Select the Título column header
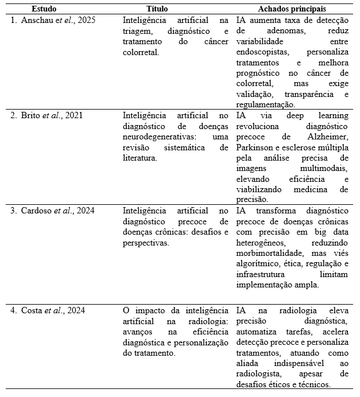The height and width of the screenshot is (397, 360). [158, 9]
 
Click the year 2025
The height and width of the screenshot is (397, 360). [85, 20]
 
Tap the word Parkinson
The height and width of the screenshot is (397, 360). [255, 147]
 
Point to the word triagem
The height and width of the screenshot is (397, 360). [136, 31]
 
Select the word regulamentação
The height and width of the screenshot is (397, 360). [265, 105]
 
